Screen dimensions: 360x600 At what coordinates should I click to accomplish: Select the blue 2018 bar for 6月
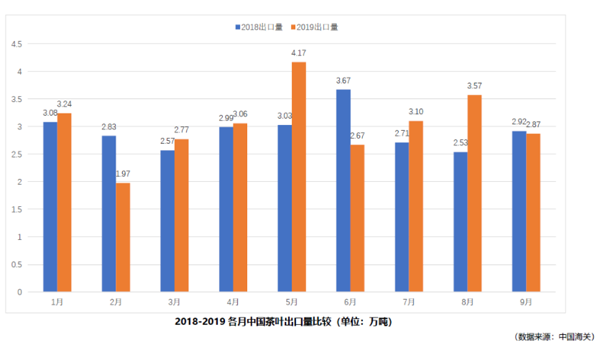(343, 191)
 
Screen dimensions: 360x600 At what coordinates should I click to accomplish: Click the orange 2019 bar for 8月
(474, 193)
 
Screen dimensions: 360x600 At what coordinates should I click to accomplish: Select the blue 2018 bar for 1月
(50, 207)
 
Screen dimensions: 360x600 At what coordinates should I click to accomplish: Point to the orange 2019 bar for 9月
(532, 213)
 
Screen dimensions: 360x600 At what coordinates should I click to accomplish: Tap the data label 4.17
(299, 52)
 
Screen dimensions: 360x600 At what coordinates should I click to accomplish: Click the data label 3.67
(343, 80)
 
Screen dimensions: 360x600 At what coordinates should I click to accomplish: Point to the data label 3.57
(474, 86)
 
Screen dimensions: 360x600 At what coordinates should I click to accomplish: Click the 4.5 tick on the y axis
(15, 45)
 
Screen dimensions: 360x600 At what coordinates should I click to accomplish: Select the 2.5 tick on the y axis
(15, 155)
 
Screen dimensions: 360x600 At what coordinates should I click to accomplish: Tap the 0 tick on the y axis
(19, 292)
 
